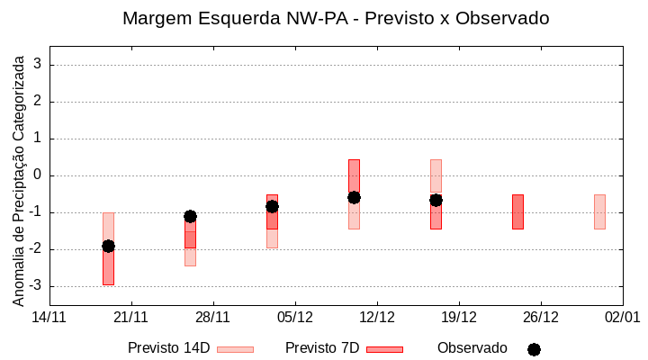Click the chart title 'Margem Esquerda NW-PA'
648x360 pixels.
click(x=336, y=18)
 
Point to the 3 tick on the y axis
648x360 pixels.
click(x=39, y=65)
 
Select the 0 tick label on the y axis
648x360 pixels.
click(x=39, y=175)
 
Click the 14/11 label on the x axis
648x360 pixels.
click(x=49, y=317)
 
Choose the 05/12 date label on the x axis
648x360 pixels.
click(x=295, y=317)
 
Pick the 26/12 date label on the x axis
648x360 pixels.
click(x=541, y=317)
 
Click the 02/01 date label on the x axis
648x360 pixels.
click(x=622, y=317)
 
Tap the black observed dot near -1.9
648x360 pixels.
click(x=108, y=246)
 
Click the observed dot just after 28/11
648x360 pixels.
click(x=272, y=206)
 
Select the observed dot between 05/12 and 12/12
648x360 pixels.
click(x=354, y=197)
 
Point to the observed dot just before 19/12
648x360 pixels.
click(x=436, y=200)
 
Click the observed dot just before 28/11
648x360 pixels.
click(x=190, y=216)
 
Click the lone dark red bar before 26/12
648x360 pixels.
click(x=517, y=211)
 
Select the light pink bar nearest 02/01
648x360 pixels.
click(x=599, y=211)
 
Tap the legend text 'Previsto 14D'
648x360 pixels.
click(x=168, y=348)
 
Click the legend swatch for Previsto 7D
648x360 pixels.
click(x=384, y=349)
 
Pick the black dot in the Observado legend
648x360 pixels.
click(x=534, y=349)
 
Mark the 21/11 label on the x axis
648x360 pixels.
click(x=131, y=317)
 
